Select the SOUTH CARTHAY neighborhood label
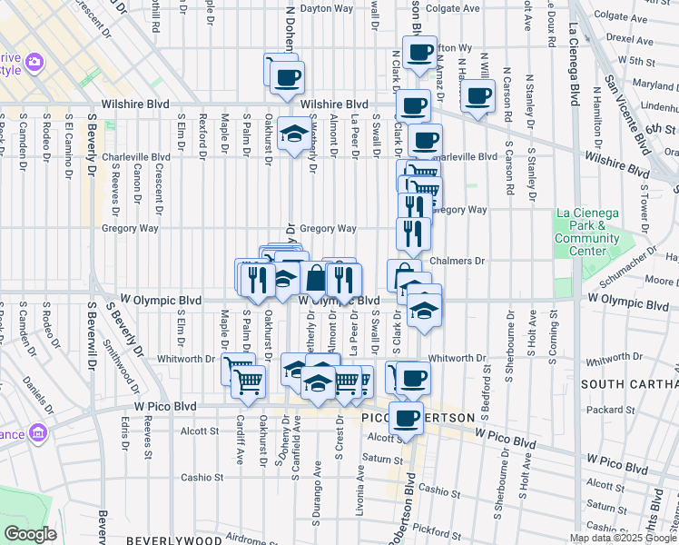[x=629, y=384]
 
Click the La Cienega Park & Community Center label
[x=586, y=233]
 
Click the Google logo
[x=30, y=534]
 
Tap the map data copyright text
[x=624, y=538]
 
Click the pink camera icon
[x=34, y=62]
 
